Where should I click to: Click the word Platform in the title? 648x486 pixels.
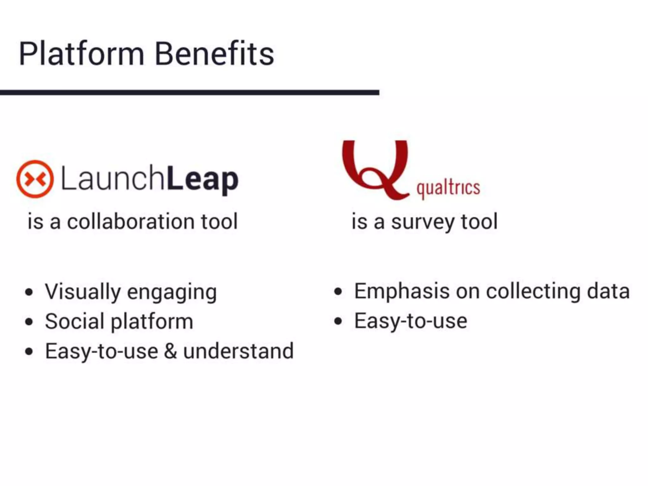pos(82,54)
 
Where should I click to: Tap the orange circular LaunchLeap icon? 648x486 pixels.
pos(35,179)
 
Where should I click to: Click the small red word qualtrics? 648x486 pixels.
pos(448,189)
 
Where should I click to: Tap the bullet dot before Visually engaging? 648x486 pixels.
pos(29,292)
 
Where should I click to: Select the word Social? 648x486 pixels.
pos(75,321)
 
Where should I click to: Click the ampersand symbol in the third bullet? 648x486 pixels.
pos(171,351)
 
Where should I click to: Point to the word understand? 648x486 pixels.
pos(239,351)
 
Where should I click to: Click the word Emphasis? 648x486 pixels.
pos(401,291)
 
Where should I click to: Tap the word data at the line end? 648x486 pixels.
pos(608,291)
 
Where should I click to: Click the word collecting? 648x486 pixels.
pos(533,291)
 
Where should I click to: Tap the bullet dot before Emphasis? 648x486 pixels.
pos(338,291)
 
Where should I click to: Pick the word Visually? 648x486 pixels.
pos(83,292)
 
